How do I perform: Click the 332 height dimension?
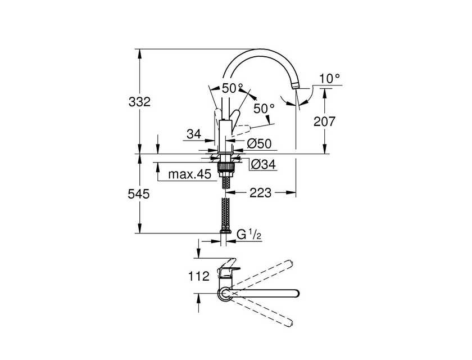pos(139,102)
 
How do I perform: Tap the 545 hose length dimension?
pos(139,194)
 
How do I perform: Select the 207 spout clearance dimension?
pos(324,121)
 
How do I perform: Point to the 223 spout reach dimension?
pos(260,192)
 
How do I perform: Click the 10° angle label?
pos(329,79)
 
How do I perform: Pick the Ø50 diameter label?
pos(259,143)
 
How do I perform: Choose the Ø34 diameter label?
pos(263,164)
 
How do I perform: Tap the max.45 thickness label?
pos(190,174)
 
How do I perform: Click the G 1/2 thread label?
pos(249,234)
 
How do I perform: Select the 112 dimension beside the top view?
pos(199,276)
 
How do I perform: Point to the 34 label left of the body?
pos(194,134)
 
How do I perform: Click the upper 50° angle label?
pos(233,88)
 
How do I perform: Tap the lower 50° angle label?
pos(264,109)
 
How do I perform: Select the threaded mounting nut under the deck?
pos(225,168)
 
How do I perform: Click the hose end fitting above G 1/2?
pos(225,231)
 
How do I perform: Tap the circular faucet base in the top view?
pos(225,294)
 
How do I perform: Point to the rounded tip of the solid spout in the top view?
pos(297,294)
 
